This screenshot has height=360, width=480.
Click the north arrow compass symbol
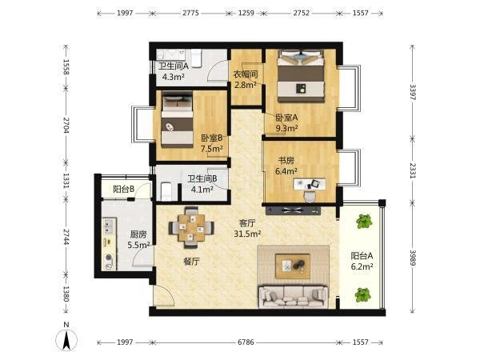66,340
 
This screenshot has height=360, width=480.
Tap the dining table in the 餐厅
191,227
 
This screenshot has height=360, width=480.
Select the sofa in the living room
293,296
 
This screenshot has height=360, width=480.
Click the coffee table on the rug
293,266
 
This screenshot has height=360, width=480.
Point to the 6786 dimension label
246,342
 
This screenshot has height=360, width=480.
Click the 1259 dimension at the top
246,13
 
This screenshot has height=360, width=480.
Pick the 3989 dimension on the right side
413,258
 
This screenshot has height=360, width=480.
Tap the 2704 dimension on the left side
66,125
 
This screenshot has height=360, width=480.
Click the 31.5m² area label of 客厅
247,234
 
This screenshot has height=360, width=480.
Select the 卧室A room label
286,118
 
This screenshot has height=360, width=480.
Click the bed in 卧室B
178,120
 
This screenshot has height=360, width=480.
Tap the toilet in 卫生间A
196,58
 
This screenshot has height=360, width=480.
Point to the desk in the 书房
310,184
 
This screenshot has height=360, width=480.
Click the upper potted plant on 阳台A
364,222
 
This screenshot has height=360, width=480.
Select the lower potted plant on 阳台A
363,294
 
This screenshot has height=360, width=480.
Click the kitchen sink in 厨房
108,226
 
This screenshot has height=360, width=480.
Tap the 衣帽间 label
246,74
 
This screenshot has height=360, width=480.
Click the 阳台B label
124,189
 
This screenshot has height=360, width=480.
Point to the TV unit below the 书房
293,210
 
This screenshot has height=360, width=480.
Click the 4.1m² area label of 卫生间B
202,190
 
